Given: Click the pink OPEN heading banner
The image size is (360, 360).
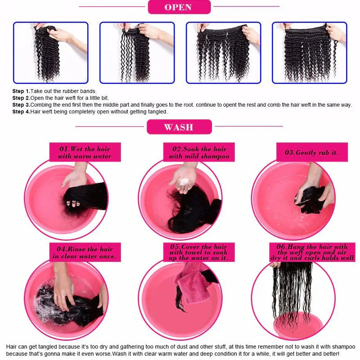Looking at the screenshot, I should (x=179, y=7).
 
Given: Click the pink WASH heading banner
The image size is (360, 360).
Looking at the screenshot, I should (x=179, y=127).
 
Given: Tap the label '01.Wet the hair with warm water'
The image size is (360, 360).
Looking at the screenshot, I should (x=85, y=153).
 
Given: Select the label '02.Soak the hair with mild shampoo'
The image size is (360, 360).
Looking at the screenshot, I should (x=199, y=153).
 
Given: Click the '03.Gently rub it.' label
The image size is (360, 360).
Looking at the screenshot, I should (x=311, y=152).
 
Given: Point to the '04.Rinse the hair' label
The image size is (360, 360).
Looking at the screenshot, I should (x=85, y=252).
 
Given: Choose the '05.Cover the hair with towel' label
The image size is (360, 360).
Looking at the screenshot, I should (x=199, y=252).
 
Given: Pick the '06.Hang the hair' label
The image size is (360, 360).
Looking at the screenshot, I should (x=311, y=252).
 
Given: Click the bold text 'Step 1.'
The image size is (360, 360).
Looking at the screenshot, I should (x=21, y=91).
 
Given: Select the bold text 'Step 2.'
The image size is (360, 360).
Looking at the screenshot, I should (x=21, y=98).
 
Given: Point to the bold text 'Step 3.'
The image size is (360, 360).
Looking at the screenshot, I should (x=21, y=105).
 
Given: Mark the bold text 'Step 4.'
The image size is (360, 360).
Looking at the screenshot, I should (x=21, y=112).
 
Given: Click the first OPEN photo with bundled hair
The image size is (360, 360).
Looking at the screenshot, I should (x=50, y=53).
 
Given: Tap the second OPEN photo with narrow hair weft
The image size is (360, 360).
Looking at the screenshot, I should (x=137, y=53).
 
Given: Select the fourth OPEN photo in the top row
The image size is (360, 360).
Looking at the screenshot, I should (x=310, y=53).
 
